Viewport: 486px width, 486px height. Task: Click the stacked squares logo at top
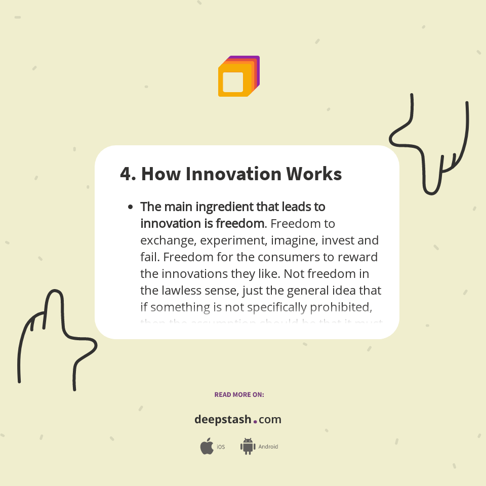point(238,76)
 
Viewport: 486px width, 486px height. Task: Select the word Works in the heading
point(314,174)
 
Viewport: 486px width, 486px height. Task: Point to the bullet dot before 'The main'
point(131,207)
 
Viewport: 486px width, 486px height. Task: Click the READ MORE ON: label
point(239,394)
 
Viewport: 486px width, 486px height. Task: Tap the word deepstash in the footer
point(223,420)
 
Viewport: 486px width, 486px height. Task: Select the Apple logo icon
point(207,446)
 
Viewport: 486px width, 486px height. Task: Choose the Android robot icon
point(248,446)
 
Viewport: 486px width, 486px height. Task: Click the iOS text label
point(221,447)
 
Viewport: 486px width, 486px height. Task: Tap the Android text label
point(268,447)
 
